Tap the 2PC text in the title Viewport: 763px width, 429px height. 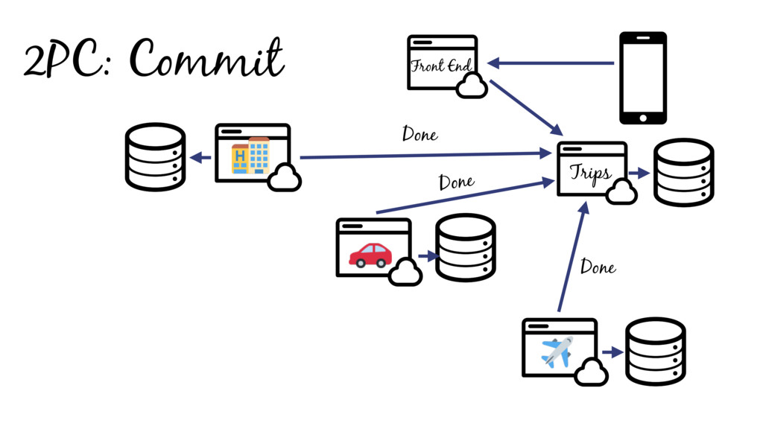click(x=66, y=61)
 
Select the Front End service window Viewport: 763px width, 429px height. click(x=441, y=63)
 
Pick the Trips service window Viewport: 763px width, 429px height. click(x=591, y=169)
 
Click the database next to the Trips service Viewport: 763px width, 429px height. click(x=683, y=172)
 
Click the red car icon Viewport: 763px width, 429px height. click(x=370, y=255)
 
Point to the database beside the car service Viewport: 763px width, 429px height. click(x=465, y=248)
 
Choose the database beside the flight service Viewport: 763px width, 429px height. click(x=655, y=351)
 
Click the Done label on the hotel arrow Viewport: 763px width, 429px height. click(x=420, y=135)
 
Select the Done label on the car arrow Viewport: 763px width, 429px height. click(x=456, y=182)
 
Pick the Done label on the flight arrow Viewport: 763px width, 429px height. click(x=598, y=266)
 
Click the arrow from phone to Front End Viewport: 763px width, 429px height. click(x=551, y=63)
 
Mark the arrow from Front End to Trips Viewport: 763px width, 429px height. click(x=525, y=108)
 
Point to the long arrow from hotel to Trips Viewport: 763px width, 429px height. click(x=421, y=156)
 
